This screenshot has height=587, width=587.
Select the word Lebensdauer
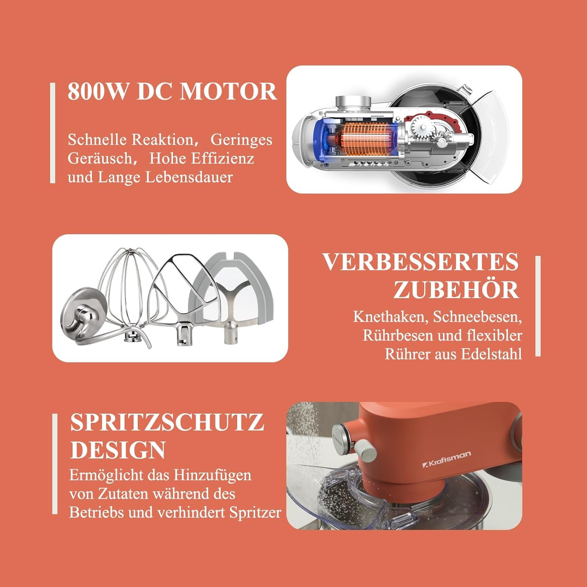[189, 177]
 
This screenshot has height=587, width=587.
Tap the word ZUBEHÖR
[456, 290]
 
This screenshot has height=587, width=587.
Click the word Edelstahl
[491, 354]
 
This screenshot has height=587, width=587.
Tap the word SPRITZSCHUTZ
[167, 422]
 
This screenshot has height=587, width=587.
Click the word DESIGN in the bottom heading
[118, 450]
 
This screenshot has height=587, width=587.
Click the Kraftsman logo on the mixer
[447, 459]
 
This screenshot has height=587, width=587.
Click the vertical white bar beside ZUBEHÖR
[538, 306]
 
